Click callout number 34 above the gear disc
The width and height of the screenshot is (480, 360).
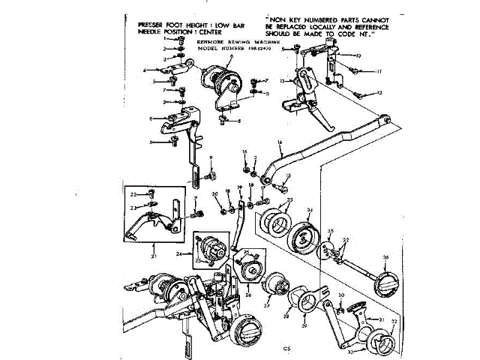pyautogui.click(x=310, y=210)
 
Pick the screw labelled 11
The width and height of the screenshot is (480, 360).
pyautogui.click(x=352, y=70)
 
